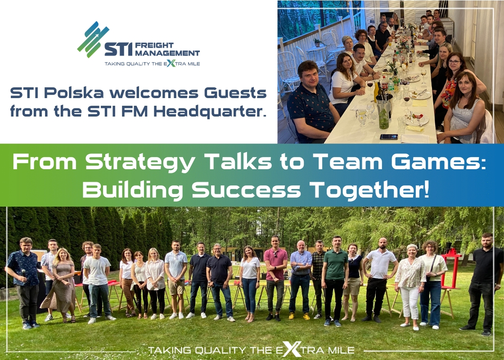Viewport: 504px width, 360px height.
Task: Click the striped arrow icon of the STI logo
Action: coord(93,39)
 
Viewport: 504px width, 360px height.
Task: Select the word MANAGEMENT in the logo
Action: coord(167,53)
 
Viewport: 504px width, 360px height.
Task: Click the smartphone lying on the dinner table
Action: coord(389,137)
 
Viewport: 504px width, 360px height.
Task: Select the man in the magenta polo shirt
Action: coord(275,278)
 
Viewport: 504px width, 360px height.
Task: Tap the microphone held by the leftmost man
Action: coord(23,274)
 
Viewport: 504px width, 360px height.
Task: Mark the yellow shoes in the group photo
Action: coord(299,316)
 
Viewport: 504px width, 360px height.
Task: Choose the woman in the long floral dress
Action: coord(62,285)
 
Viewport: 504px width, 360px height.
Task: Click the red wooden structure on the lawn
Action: coord(452,268)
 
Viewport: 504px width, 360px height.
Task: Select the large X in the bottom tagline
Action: coord(291,349)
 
